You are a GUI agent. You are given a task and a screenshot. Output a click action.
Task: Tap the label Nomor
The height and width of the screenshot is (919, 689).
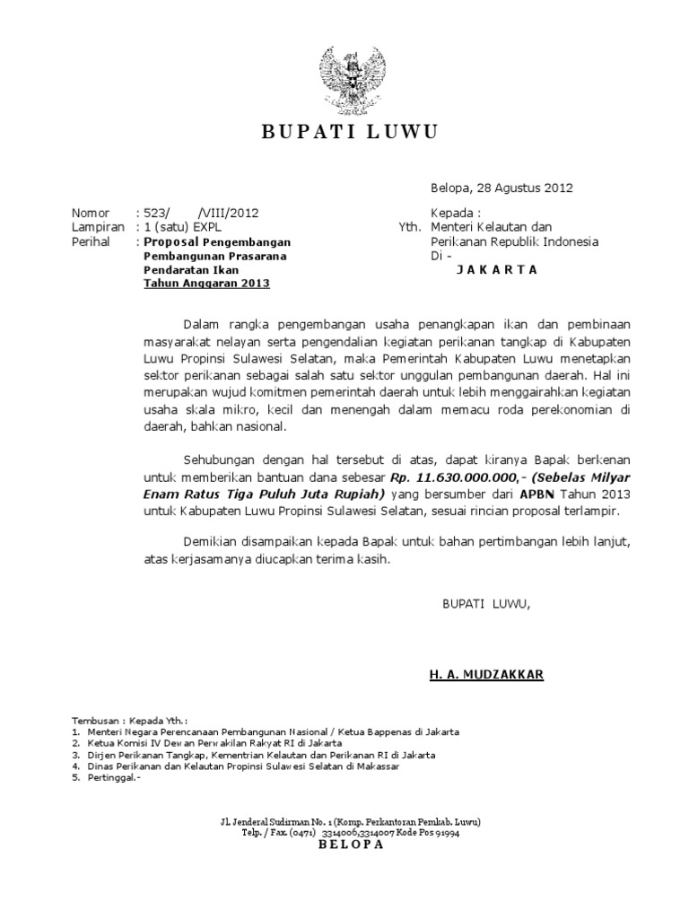click(91, 213)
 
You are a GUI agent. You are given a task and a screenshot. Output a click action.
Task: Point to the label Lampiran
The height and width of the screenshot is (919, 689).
click(99, 227)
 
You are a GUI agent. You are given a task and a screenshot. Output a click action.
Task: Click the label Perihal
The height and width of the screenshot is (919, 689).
click(93, 241)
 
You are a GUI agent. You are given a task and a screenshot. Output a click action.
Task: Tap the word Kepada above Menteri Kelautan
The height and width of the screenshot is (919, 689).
click(453, 213)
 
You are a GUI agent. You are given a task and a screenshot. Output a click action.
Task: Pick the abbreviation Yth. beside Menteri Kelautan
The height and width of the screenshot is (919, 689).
click(409, 227)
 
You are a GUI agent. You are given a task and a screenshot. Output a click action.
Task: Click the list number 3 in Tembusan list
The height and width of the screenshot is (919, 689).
click(75, 755)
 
